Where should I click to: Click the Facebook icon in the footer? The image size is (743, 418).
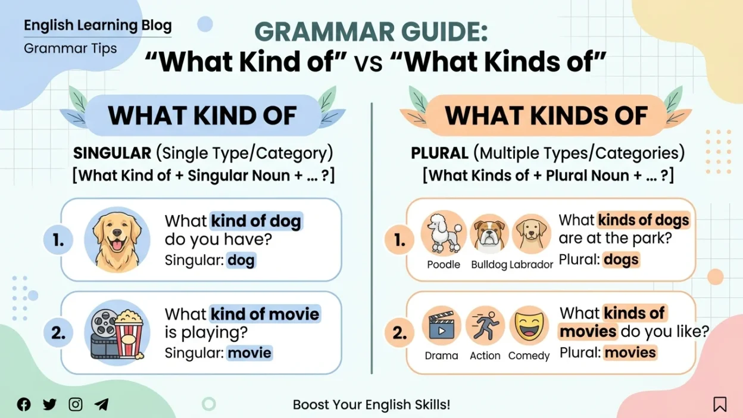pyautogui.click(x=24, y=405)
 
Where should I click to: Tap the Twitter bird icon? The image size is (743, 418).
pyautogui.click(x=50, y=405)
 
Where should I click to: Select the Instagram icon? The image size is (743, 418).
pyautogui.click(x=76, y=405)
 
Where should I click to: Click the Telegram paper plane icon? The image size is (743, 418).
pyautogui.click(x=102, y=405)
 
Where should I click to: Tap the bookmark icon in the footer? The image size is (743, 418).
pyautogui.click(x=720, y=404)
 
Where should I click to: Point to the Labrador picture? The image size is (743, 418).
pyautogui.click(x=531, y=233)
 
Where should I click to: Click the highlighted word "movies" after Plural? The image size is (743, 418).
pyautogui.click(x=630, y=353)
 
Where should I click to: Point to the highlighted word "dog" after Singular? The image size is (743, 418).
pyautogui.click(x=241, y=260)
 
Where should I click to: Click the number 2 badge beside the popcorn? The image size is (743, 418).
pyautogui.click(x=58, y=333)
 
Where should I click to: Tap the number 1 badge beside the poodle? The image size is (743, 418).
pyautogui.click(x=399, y=241)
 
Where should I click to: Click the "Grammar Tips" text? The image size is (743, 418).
pyautogui.click(x=70, y=48)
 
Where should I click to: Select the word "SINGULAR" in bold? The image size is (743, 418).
pyautogui.click(x=112, y=153)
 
